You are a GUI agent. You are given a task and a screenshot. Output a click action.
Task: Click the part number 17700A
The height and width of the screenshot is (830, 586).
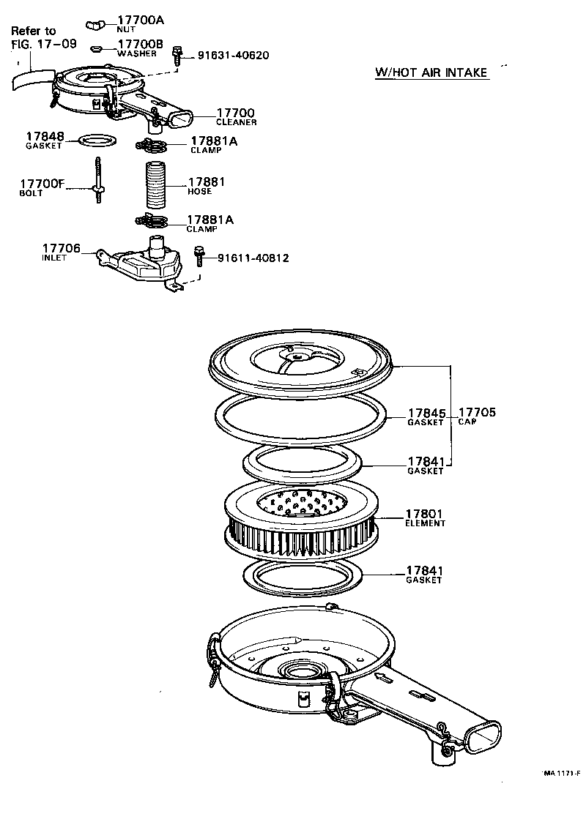141,20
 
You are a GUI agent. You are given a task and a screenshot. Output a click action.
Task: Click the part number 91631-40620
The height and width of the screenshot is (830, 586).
232,56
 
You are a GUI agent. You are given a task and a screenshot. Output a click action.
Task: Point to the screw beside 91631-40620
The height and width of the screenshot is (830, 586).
177,56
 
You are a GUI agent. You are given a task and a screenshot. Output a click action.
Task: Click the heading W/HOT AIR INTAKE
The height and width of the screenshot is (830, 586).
431,72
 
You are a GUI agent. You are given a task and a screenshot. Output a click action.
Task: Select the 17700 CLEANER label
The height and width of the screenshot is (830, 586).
236,116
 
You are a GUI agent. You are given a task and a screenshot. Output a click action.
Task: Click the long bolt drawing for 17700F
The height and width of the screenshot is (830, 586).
97,182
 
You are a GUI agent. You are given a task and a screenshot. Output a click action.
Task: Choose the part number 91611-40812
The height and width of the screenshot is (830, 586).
252,258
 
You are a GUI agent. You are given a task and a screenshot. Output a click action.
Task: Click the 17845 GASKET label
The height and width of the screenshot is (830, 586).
426,417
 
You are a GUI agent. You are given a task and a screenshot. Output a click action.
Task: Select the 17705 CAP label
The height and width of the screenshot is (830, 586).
477,416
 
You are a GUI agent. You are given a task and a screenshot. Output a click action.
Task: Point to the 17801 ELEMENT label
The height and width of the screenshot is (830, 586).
426,517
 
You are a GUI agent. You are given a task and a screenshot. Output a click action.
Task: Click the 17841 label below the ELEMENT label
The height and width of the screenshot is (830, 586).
426,574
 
